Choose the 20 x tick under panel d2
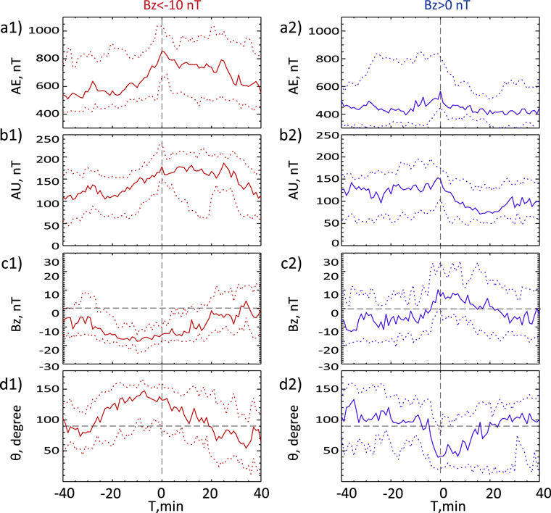click(492, 492)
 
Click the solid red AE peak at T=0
click(164, 51)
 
